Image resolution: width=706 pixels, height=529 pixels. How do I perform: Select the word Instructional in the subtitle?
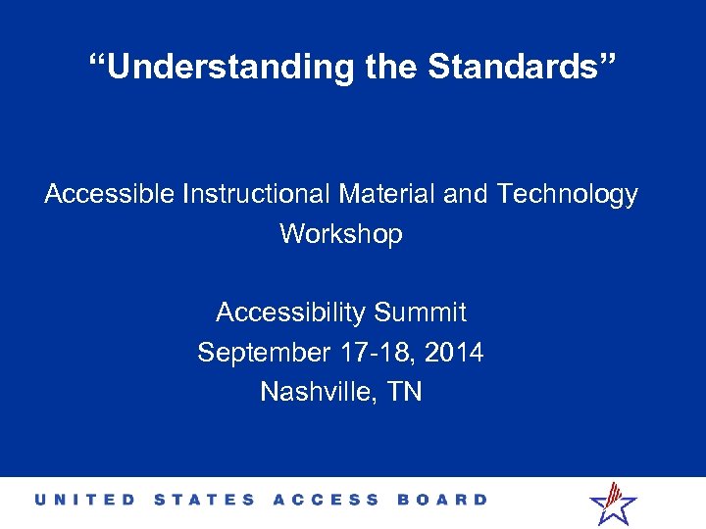256,195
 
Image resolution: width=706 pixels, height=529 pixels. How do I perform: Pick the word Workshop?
340,234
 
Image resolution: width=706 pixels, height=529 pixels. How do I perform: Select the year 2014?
454,352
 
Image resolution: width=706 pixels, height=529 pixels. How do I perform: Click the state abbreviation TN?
405,392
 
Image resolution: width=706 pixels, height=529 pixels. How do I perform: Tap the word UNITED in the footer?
87,500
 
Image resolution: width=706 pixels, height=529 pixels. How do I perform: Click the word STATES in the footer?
204,500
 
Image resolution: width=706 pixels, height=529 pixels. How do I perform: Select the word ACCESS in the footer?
326,500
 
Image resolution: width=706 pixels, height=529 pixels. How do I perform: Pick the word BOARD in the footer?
442,500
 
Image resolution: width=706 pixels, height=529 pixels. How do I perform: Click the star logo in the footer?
613,503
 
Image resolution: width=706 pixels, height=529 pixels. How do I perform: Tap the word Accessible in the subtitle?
109,195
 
